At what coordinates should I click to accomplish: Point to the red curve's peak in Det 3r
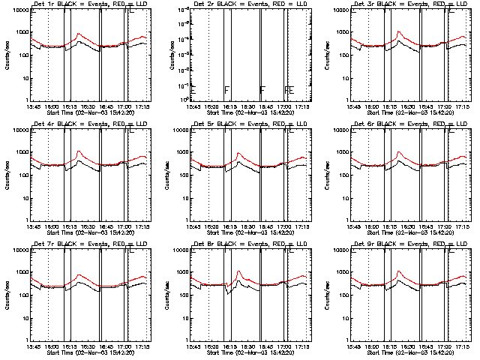(399, 32)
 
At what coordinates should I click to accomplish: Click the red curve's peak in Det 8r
(238, 271)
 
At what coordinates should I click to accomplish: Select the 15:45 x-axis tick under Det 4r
(33, 227)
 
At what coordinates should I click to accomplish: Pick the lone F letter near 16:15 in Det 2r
(227, 91)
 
